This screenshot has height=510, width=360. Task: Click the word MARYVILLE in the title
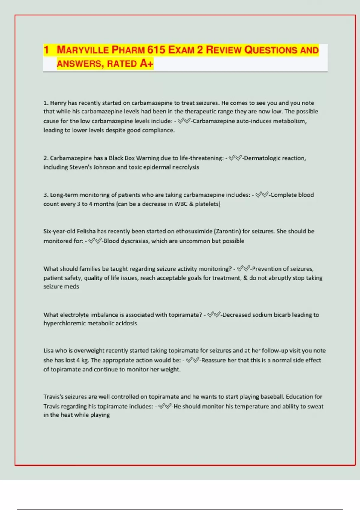click(x=83, y=50)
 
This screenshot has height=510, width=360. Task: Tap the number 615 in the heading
click(x=156, y=50)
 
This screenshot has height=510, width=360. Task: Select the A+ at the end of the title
click(x=146, y=63)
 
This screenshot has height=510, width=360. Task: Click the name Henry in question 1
click(x=58, y=103)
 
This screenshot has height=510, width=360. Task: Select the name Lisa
click(x=48, y=351)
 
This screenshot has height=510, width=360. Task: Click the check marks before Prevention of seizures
click(x=244, y=269)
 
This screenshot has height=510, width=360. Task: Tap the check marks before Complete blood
click(x=262, y=195)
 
